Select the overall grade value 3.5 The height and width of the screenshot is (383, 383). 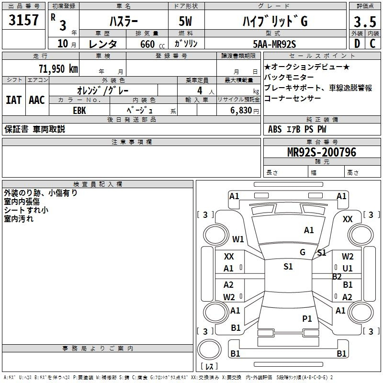click(364, 22)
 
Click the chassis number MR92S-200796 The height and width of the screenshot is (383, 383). click(322, 153)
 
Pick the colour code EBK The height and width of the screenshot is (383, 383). click(79, 109)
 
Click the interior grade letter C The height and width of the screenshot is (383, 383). click(372, 44)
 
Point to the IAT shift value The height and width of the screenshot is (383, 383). click(13, 100)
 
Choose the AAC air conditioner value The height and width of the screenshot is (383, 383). click(36, 100)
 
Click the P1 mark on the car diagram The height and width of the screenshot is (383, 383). click(307, 318)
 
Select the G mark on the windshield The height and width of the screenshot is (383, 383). click(303, 252)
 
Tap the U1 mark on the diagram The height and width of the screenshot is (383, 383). click(348, 269)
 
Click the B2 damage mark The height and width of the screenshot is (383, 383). click(337, 277)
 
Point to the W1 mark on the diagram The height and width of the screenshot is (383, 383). click(238, 239)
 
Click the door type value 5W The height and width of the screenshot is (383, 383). click(187, 21)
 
